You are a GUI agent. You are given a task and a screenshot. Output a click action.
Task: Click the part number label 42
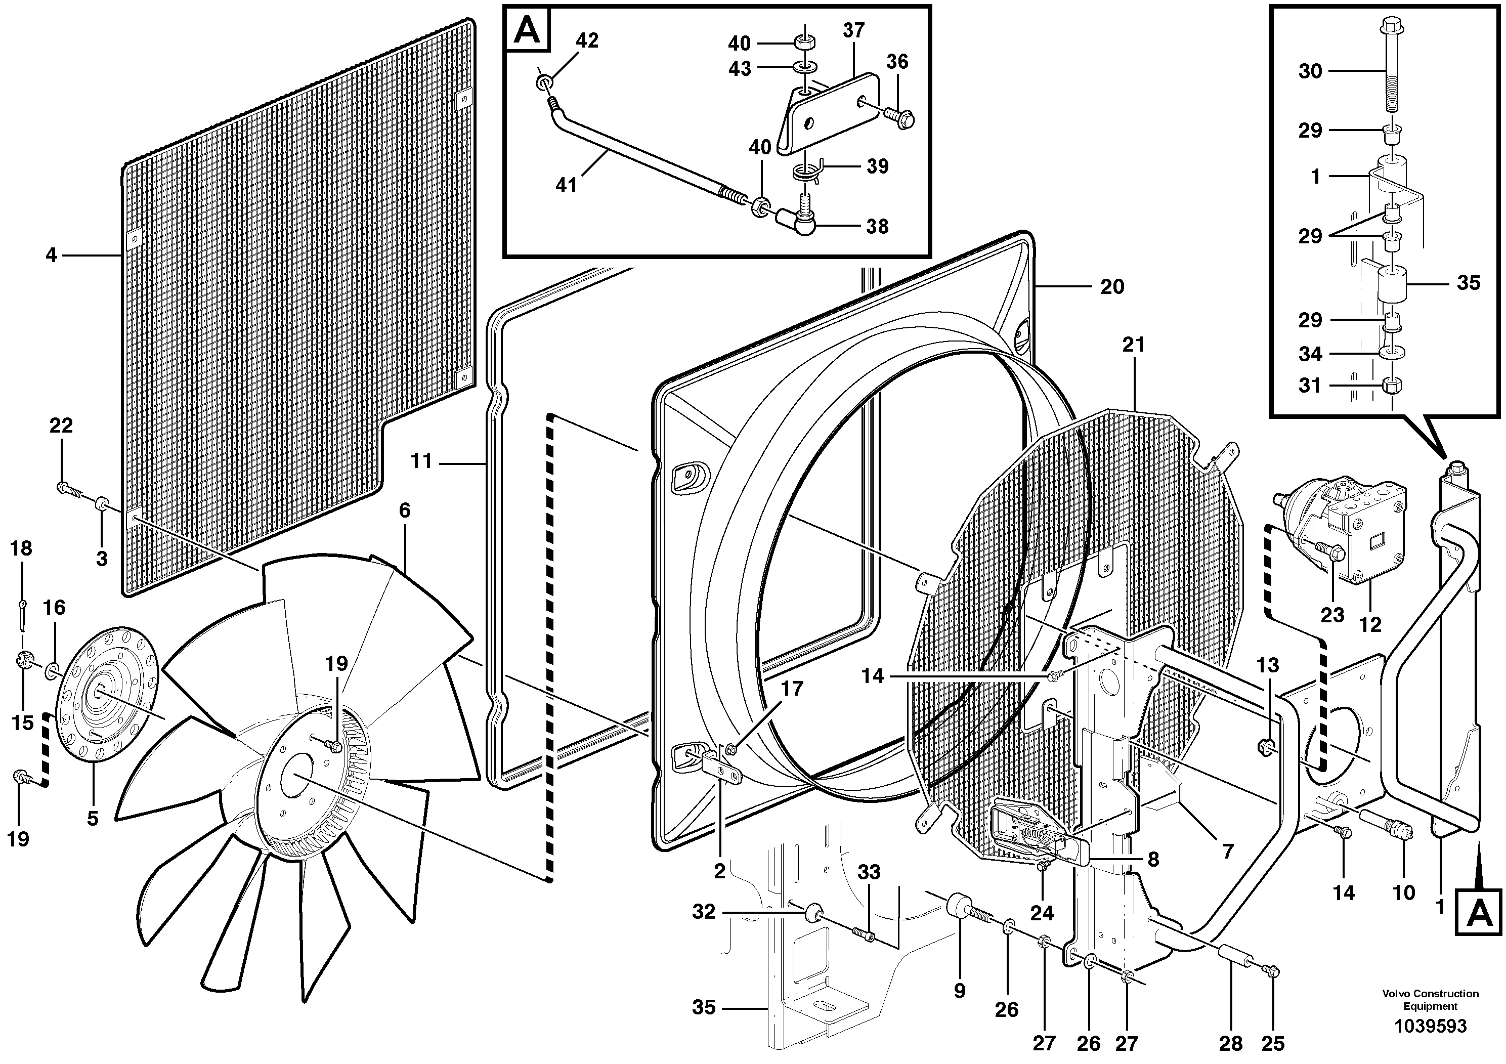pyautogui.click(x=586, y=40)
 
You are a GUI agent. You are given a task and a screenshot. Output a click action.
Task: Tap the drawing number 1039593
pyautogui.click(x=1430, y=1026)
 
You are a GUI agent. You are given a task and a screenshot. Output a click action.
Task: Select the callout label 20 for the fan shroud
pyautogui.click(x=1112, y=287)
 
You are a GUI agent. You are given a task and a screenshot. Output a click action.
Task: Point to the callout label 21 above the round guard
pyautogui.click(x=1133, y=345)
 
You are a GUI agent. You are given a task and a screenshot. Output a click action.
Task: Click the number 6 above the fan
pyautogui.click(x=405, y=510)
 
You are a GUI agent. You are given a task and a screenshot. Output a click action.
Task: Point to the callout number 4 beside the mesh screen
pyautogui.click(x=52, y=254)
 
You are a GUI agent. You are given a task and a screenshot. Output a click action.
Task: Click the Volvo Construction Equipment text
pyautogui.click(x=1430, y=1000)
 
